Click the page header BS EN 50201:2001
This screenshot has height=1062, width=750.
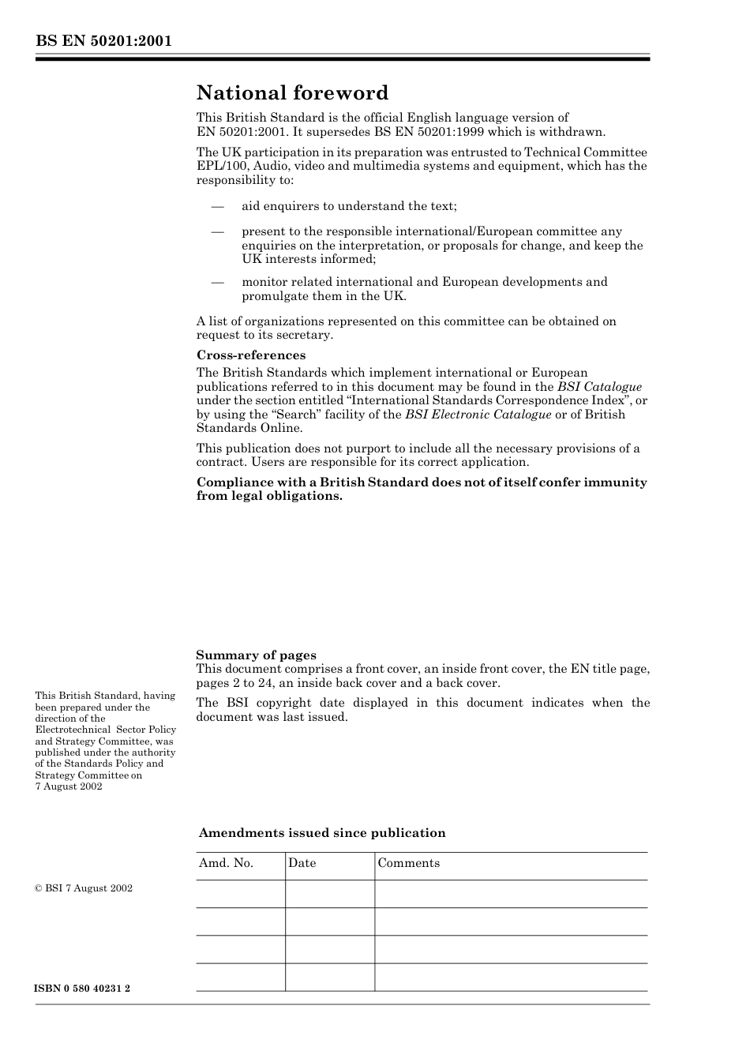103,40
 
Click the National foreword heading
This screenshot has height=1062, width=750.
292,93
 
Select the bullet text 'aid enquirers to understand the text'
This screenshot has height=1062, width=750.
349,206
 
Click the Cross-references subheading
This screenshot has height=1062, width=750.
251,355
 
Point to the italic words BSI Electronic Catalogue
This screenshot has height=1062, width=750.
478,415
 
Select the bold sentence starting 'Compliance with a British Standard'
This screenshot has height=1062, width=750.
422,489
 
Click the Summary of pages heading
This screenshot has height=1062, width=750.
256,655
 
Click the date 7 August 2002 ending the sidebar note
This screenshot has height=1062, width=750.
69,786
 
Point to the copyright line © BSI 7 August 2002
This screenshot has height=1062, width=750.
84,888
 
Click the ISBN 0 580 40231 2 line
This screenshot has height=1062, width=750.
83,989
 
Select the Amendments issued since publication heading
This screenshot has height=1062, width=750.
322,833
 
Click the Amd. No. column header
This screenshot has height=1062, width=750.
226,863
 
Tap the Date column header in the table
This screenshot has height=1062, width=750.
302,863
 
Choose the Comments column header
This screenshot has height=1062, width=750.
408,863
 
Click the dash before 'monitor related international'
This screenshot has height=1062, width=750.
217,282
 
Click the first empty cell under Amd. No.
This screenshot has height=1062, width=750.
240,894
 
